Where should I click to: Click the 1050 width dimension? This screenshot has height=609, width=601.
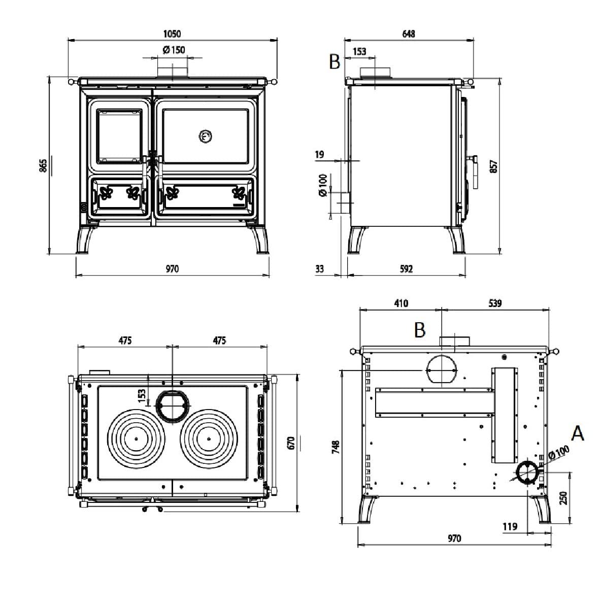(x=172, y=34)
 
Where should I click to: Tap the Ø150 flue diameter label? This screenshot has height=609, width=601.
(x=174, y=50)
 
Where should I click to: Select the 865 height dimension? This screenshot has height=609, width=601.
(x=43, y=165)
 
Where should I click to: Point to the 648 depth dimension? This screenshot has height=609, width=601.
(x=408, y=34)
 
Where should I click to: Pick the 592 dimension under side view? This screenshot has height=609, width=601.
(x=407, y=268)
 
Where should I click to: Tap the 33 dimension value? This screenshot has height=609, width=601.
(x=319, y=268)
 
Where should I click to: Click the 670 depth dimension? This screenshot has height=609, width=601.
(x=291, y=442)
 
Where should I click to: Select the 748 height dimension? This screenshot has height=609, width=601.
(x=335, y=447)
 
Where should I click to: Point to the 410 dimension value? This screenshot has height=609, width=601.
(x=400, y=303)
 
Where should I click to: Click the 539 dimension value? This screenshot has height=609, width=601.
(x=495, y=303)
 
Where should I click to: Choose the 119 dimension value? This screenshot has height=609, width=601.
(x=510, y=526)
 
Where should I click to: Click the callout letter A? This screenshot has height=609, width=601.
(x=578, y=433)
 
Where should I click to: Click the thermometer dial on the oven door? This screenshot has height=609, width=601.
(x=205, y=136)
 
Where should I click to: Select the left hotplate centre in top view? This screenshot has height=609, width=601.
(x=136, y=438)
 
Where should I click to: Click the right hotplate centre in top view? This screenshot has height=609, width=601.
(x=208, y=438)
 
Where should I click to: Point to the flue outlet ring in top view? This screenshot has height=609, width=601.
(x=173, y=405)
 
